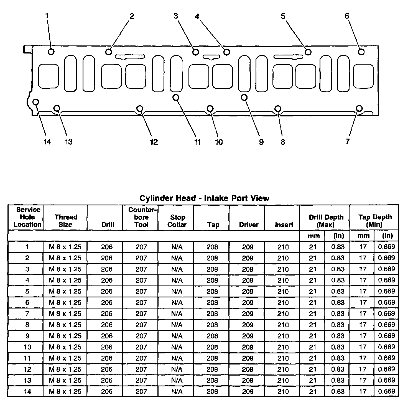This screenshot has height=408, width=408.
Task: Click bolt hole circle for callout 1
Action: coord(51,52)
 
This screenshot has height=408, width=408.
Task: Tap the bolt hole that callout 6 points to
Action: coord(361,52)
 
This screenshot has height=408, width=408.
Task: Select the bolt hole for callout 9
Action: coord(244,97)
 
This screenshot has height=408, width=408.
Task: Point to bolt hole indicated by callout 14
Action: coord(36,102)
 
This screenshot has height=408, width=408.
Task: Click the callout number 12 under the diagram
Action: coord(154,142)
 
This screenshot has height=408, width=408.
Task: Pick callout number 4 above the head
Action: coord(197,17)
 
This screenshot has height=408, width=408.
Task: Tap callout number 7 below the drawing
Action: coord(348,142)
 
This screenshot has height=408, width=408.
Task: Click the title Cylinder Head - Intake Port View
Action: coord(204,198)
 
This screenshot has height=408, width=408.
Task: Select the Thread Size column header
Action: coord(66,221)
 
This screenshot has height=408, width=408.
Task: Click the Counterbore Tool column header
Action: coord(141,217)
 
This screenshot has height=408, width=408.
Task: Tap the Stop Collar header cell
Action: coord(177,221)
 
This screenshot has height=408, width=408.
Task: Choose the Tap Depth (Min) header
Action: coord(374,221)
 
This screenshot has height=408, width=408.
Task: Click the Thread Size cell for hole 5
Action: coord(65,291)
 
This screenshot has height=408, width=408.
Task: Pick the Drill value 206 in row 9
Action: coord(107,336)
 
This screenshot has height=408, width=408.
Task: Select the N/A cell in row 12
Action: coord(177,369)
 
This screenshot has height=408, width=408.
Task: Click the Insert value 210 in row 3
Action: coord(283,269)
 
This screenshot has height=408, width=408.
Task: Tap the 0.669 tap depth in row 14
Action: coord(386,391)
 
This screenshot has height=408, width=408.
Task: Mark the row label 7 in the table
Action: coord(27,313)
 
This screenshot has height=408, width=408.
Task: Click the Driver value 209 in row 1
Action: coord(248,247)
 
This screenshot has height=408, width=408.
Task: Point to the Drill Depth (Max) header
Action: coord(326,221)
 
